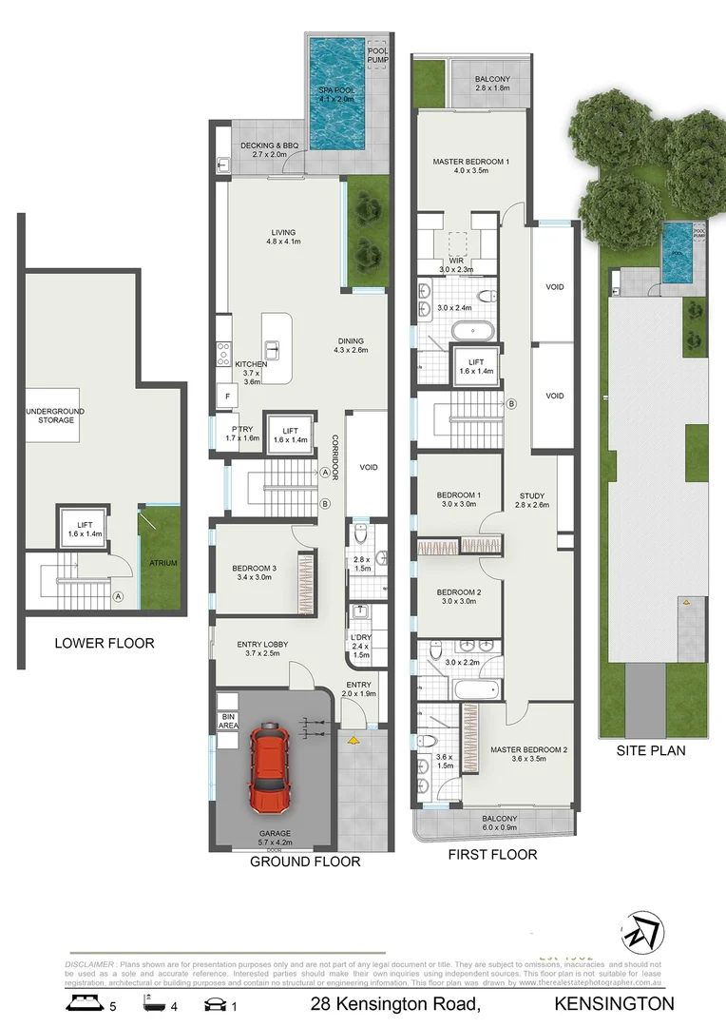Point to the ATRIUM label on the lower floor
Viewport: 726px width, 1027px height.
[x=162, y=563]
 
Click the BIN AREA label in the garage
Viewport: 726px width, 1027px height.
[x=227, y=720]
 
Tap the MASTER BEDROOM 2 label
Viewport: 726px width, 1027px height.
[x=528, y=749]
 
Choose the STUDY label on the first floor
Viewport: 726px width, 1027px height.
[x=532, y=494]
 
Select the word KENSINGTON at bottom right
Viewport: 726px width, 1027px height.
[x=615, y=1003]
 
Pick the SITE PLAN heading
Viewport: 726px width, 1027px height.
[x=651, y=750]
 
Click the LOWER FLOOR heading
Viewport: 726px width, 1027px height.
[x=105, y=643]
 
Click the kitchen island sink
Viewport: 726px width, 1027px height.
[x=272, y=348]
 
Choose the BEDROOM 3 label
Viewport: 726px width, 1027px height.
[x=256, y=571]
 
